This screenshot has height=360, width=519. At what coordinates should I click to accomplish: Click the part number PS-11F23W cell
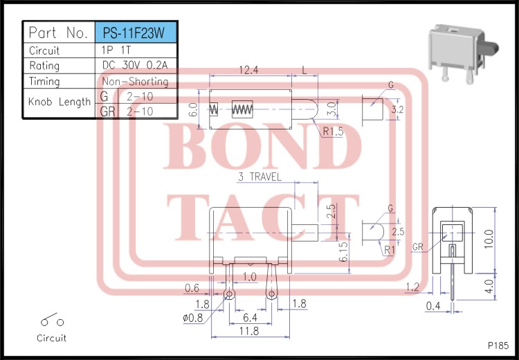134,33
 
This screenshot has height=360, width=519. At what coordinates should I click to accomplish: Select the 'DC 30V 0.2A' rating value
134,66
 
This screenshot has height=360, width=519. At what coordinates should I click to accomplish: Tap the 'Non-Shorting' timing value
134,82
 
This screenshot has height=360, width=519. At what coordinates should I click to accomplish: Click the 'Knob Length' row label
59,102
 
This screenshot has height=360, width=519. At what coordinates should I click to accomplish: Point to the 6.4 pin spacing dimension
250,317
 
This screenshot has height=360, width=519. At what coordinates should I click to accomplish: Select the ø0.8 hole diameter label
194,318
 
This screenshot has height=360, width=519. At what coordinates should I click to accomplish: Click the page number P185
497,344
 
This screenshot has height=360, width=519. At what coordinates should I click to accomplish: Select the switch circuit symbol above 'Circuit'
52,321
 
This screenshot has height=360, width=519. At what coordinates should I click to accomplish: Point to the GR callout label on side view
418,246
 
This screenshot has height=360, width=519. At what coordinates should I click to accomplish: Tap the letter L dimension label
305,71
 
